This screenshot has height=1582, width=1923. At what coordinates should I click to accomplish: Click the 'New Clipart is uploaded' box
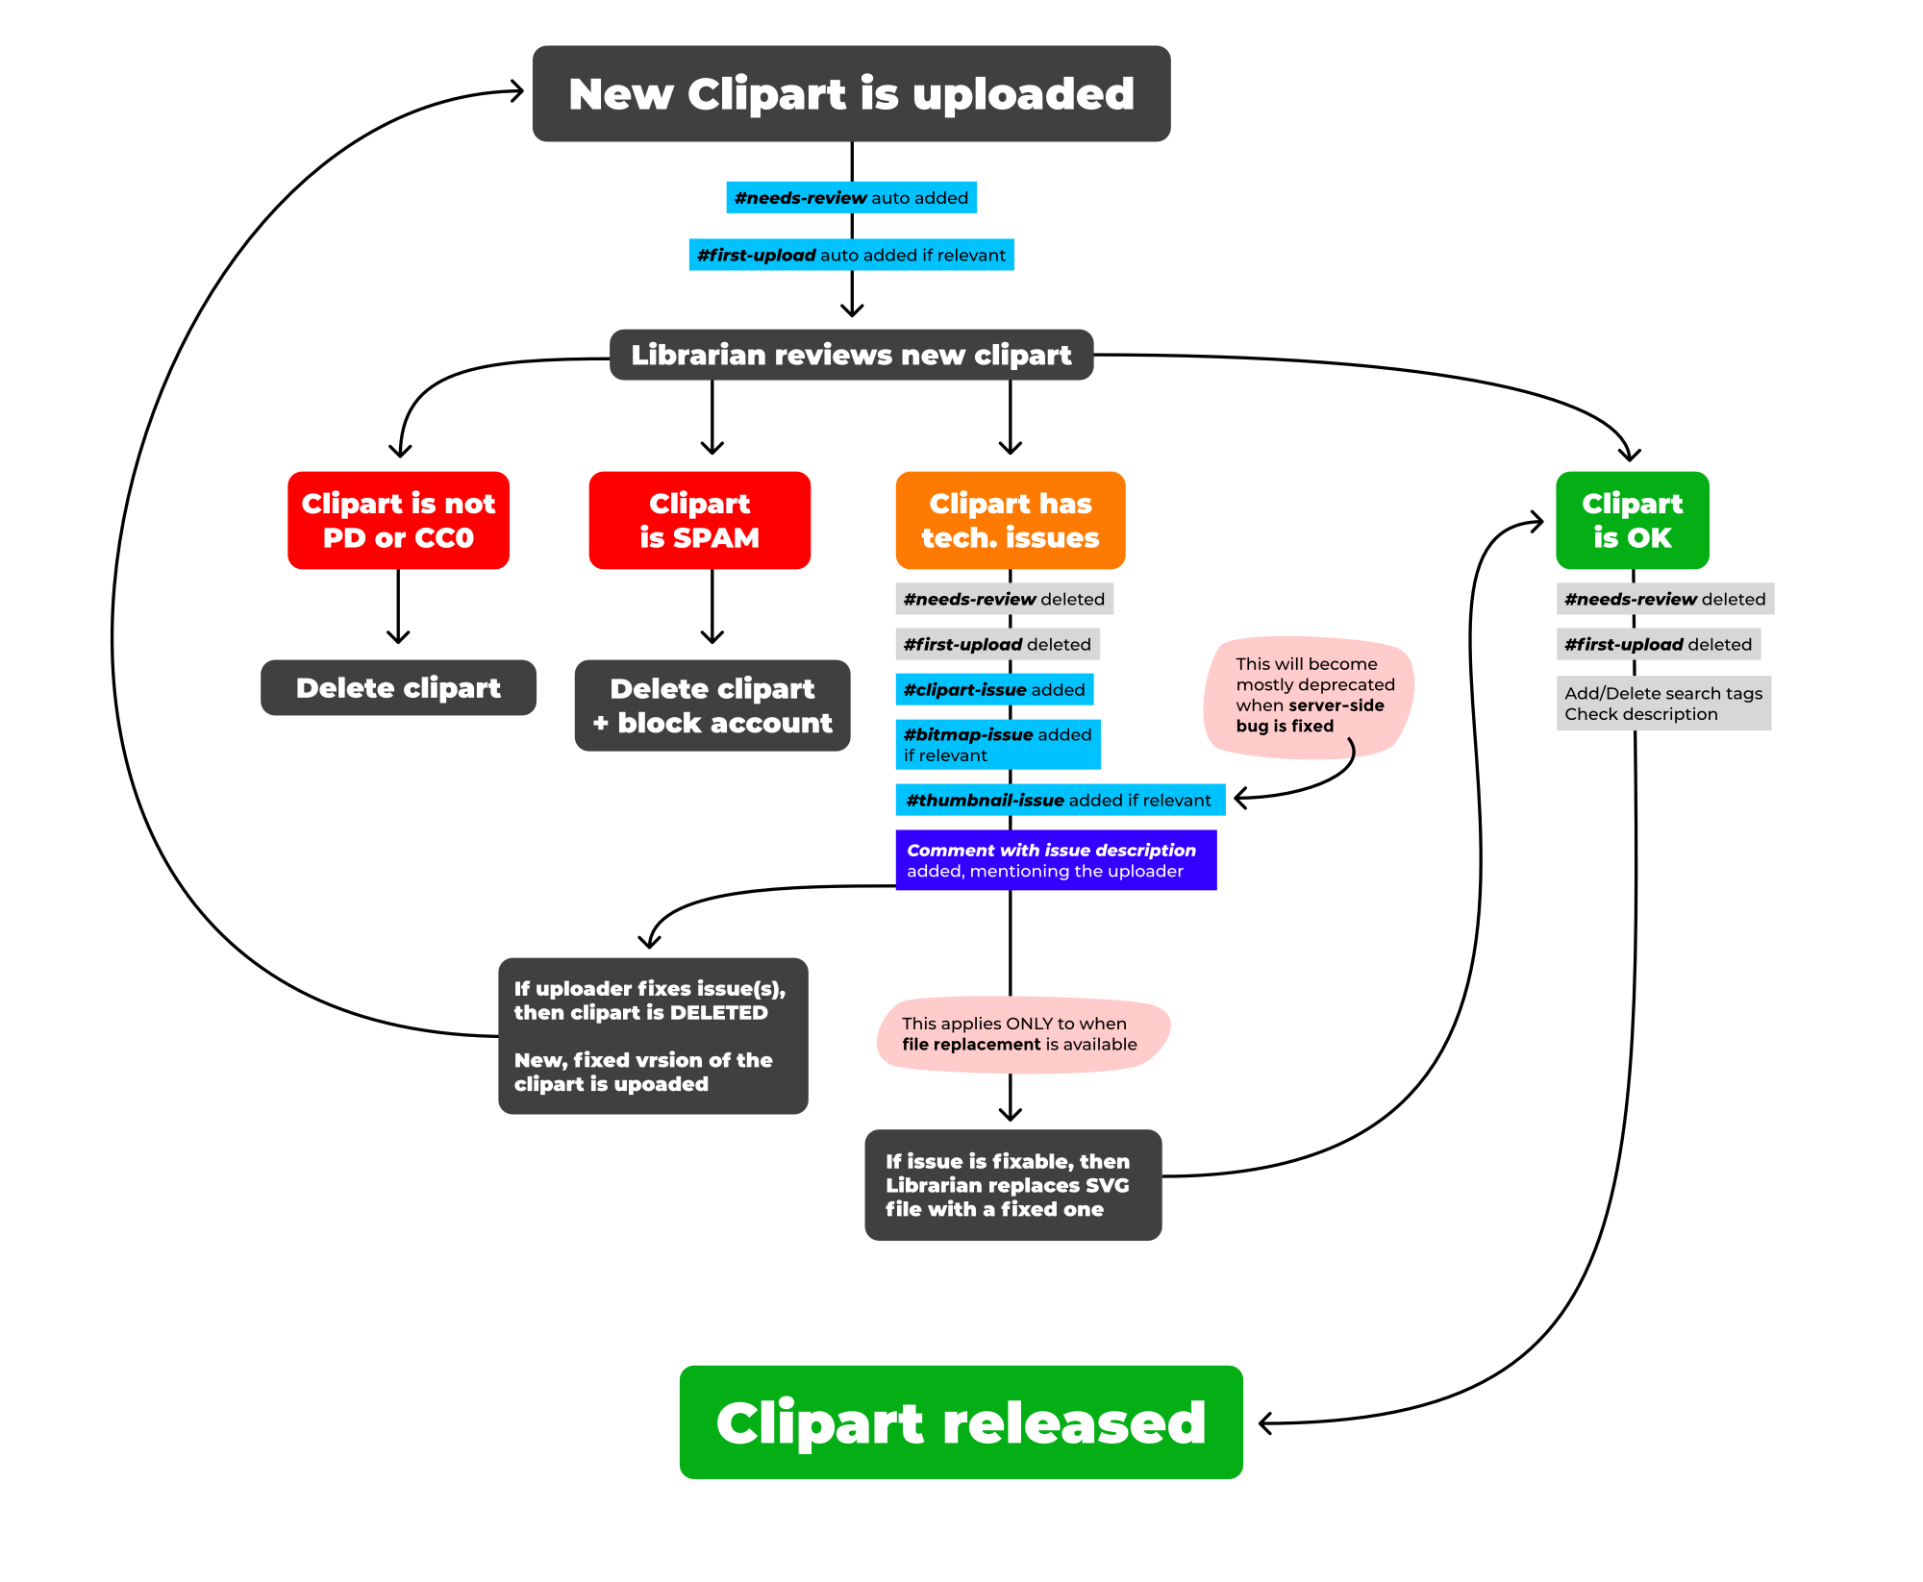851,94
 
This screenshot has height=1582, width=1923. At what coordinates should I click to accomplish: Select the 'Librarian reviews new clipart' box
851,355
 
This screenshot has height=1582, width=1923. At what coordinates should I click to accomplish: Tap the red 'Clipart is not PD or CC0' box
398,520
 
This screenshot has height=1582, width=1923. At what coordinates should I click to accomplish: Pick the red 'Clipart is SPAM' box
699,520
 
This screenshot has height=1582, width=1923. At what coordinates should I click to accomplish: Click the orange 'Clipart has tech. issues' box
1010,520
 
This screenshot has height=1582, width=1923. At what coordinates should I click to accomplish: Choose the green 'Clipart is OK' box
1632,520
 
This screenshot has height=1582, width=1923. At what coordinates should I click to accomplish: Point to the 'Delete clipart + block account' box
712,705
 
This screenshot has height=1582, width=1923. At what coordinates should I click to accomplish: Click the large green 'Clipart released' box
961,1421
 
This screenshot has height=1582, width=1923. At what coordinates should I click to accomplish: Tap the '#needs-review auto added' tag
851,198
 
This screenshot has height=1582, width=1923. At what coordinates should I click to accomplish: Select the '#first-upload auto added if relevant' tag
851,255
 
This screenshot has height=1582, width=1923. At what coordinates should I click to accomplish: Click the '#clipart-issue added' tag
994,689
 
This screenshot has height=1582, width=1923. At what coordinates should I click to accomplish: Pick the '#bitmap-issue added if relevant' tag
998,744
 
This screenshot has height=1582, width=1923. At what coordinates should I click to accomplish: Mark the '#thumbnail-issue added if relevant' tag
1060,800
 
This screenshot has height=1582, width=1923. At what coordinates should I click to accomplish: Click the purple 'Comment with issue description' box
1056,860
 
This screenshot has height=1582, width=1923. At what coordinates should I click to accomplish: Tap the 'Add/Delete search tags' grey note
1663,704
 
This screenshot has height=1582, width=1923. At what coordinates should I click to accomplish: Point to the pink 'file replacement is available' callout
1021,1034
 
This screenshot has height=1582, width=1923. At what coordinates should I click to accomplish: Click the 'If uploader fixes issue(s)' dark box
653,1036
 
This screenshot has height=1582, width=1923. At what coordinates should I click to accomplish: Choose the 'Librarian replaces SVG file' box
1012,1185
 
